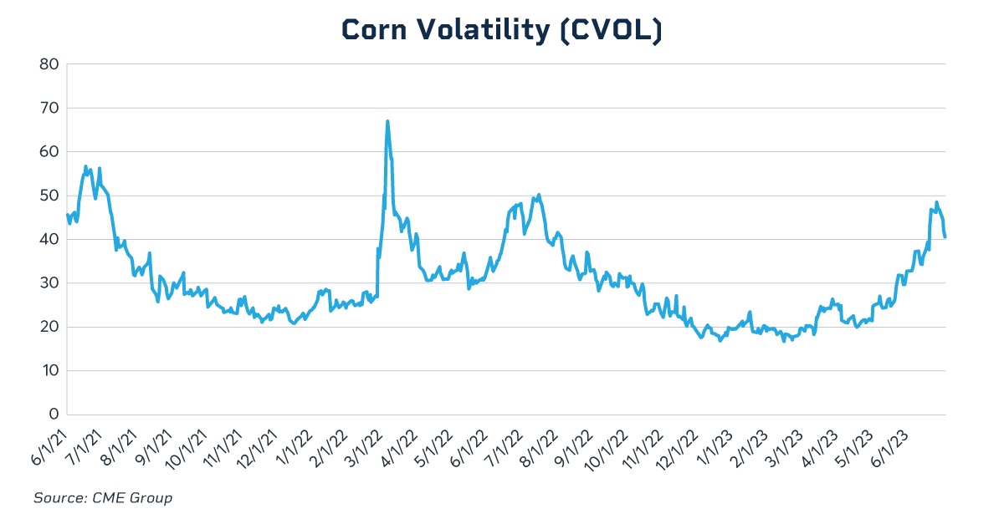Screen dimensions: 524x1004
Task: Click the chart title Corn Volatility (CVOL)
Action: (502, 29)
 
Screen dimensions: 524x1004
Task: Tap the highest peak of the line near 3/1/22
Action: (387, 121)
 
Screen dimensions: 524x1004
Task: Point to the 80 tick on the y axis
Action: (48, 64)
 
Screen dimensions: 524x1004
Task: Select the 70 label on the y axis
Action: (48, 108)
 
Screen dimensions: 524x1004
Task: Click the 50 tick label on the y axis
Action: (48, 196)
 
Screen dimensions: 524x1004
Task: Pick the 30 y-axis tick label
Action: (48, 283)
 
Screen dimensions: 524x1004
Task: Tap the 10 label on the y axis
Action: (48, 371)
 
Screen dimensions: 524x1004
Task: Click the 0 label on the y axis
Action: (52, 415)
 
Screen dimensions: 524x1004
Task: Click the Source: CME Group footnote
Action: (103, 498)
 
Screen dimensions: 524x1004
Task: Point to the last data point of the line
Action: (945, 237)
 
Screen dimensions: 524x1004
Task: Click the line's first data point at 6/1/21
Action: (67, 215)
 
